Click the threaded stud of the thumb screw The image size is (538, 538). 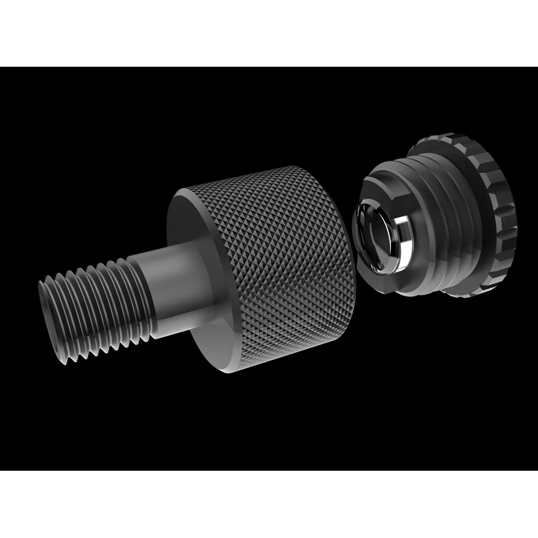(95, 310)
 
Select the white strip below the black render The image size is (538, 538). (269, 504)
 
